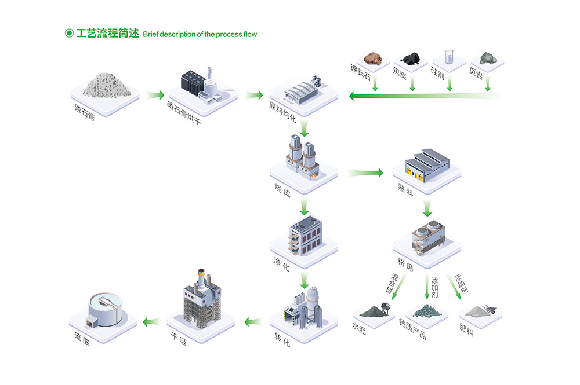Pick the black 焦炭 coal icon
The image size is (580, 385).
coord(411,59)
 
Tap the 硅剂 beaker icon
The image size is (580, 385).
coord(448,57)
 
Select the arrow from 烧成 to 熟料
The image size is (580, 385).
coord(365,173)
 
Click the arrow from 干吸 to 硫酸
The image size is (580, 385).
coord(152,322)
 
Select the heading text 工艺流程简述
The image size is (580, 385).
coord(107,34)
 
